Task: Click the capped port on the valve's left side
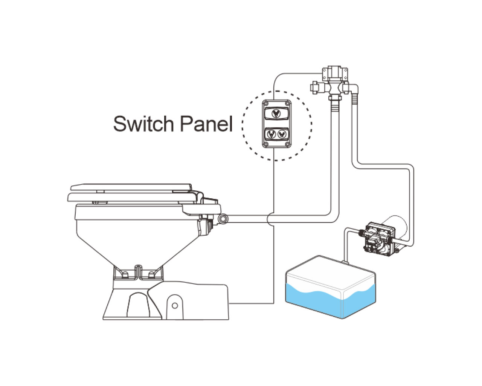click(313, 87)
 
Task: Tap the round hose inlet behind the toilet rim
click(223, 218)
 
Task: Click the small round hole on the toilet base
click(174, 304)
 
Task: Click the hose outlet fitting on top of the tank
click(345, 260)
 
